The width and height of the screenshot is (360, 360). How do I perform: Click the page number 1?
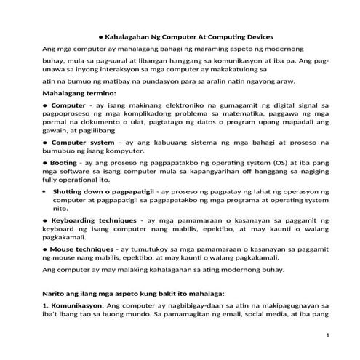click(328, 335)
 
